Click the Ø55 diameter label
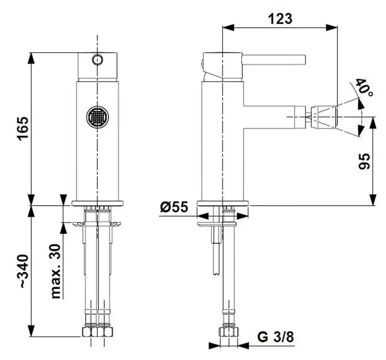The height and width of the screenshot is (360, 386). [x=174, y=207]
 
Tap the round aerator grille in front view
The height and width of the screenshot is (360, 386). [x=98, y=117]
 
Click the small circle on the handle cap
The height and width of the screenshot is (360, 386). [x=97, y=60]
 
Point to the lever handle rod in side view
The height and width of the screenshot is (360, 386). [x=273, y=59]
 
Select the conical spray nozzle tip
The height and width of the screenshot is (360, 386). [x=324, y=116]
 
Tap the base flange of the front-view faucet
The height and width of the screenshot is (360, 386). [x=98, y=202]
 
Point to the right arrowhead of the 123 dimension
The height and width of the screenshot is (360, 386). [x=332, y=28]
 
